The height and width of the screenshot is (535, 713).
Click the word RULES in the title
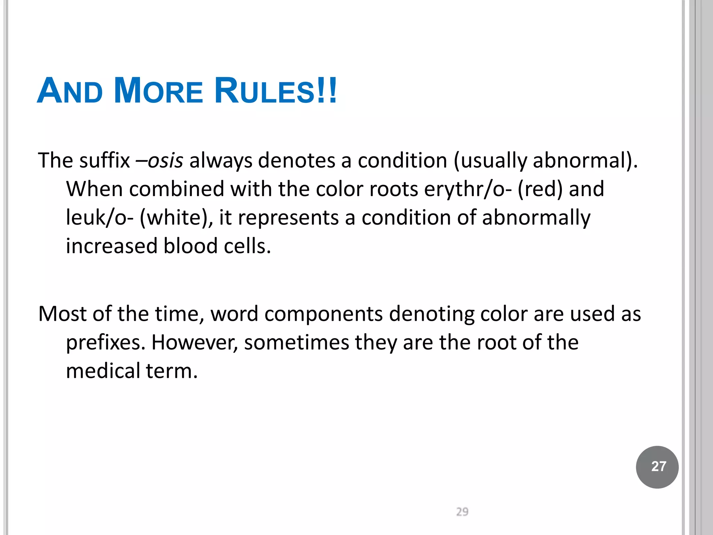point(265,91)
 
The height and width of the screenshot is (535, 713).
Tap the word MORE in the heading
point(158,91)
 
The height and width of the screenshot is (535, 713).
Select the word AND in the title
point(70,91)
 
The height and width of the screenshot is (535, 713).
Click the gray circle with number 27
point(657,467)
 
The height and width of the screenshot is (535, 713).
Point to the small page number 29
point(462,512)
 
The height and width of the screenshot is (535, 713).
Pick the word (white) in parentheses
point(176,218)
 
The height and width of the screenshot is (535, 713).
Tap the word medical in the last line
point(103,371)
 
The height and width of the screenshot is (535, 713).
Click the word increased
point(112,246)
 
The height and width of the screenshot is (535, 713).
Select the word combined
point(177,189)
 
